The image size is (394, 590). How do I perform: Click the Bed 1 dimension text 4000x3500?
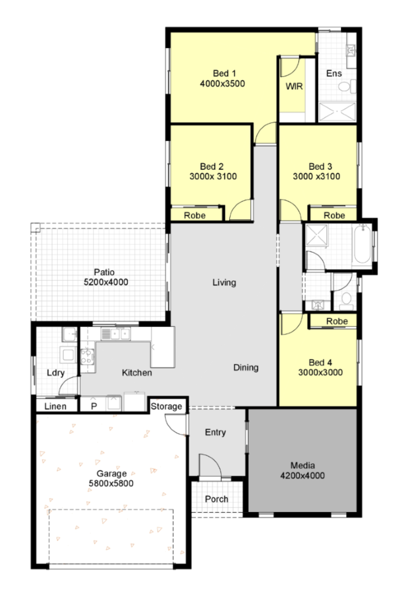(x=222, y=83)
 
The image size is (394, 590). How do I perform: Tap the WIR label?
(x=294, y=86)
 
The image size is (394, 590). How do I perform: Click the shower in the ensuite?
(x=337, y=112)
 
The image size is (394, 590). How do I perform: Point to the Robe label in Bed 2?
(x=194, y=215)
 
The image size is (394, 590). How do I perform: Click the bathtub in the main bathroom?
(x=362, y=244)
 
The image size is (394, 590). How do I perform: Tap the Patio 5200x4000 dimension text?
(x=106, y=282)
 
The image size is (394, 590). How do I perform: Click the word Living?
(x=224, y=282)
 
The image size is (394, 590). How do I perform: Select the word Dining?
(x=246, y=367)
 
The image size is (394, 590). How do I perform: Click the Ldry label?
(x=55, y=372)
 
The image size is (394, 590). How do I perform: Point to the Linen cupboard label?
(x=55, y=406)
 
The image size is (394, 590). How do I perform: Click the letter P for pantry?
(x=94, y=406)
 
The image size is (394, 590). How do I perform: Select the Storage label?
(x=166, y=406)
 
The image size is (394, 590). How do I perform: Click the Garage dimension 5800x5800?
(x=111, y=483)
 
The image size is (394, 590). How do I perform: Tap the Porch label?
(x=216, y=499)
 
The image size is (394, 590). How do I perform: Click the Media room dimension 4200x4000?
(x=302, y=476)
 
